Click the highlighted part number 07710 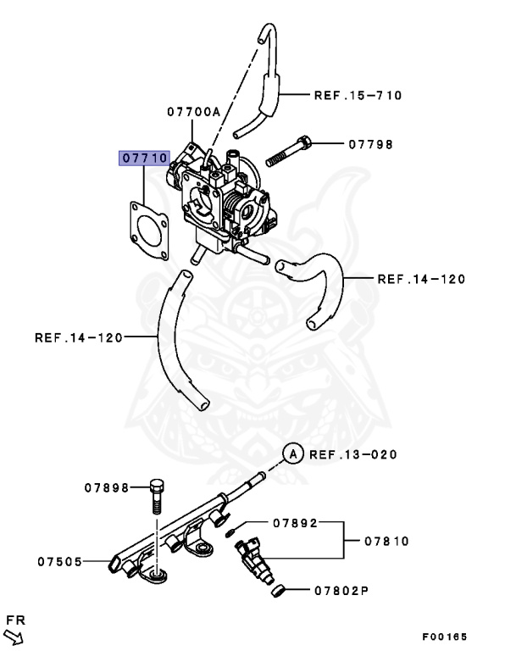pos(145,158)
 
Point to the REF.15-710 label pos(358,95)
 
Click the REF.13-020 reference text pos(353,454)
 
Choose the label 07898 pos(106,487)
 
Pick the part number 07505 pos(60,560)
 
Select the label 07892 pos(295,523)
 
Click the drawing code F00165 pos(444,637)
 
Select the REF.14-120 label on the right pos(421,277)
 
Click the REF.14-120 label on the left pos(79,337)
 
